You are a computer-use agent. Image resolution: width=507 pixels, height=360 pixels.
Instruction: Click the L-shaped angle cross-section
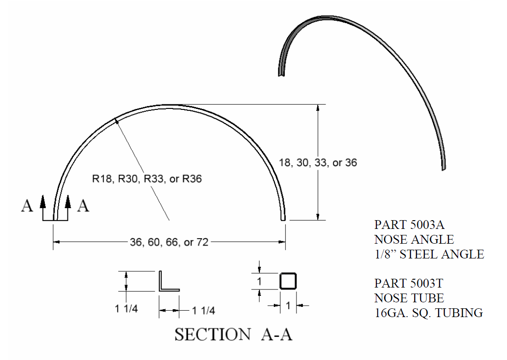point(169,281)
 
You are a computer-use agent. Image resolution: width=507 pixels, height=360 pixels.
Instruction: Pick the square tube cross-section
point(287,281)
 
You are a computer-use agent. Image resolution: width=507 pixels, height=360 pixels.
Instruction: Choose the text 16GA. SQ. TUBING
point(428,313)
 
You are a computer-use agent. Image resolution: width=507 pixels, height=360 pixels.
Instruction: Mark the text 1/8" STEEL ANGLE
point(429,254)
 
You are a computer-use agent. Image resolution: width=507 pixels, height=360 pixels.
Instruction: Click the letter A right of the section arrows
point(83,206)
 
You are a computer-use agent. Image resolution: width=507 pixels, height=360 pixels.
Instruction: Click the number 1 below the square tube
point(288,306)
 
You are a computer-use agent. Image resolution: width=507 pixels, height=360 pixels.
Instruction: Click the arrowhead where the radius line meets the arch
point(118,121)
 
